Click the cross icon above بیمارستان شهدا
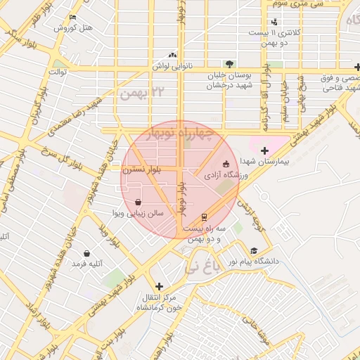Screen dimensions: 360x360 (x=264, y=150)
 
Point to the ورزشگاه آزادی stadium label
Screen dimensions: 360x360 (x=224, y=174)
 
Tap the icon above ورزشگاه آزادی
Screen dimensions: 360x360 (x=226, y=163)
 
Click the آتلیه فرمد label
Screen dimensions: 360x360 (x=87, y=264)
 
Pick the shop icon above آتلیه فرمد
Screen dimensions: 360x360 (x=86, y=253)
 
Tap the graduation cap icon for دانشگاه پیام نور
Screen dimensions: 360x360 (x=253, y=250)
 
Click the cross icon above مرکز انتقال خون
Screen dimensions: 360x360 (x=160, y=287)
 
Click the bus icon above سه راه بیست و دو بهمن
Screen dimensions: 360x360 (x=204, y=217)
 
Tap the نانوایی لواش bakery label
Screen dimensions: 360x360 (x=172, y=65)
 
